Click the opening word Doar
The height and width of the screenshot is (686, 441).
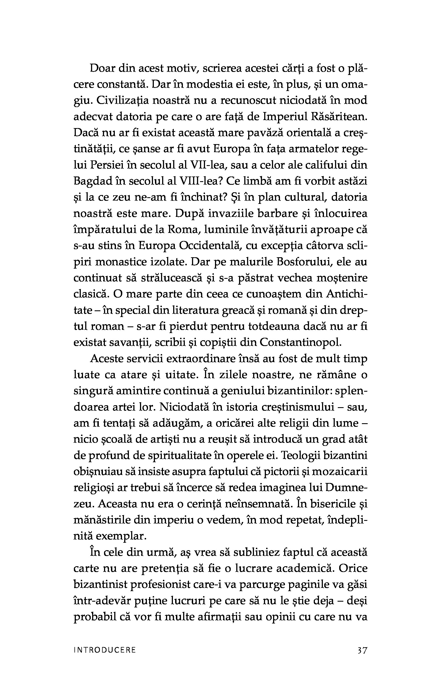102,69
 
